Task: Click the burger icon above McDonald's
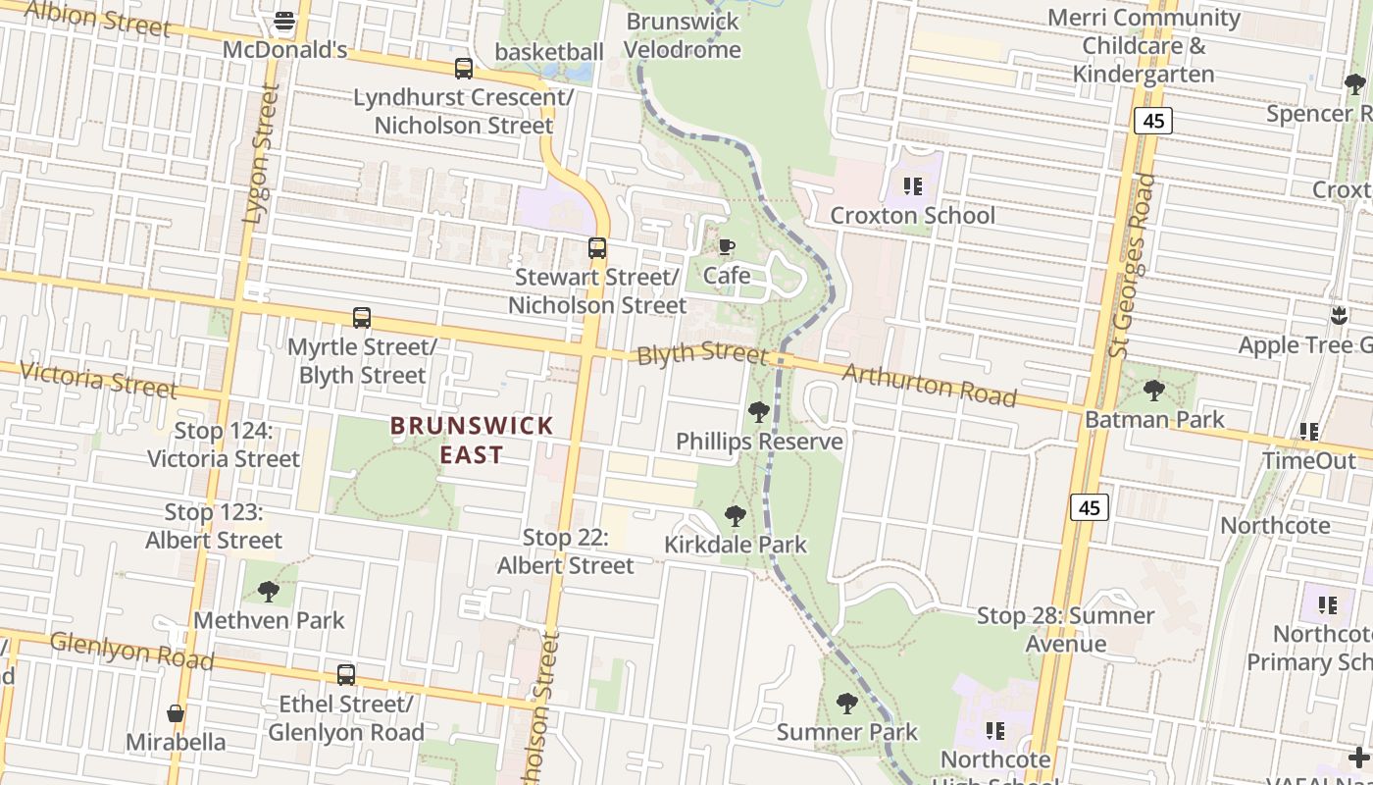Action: coord(284,20)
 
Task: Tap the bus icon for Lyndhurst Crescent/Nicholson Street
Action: coord(463,69)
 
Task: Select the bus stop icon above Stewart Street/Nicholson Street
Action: coord(597,248)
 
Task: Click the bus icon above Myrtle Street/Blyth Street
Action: coord(362,318)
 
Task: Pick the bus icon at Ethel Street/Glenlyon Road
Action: coord(346,675)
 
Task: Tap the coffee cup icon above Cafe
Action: coord(727,246)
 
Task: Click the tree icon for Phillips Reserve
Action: coord(758,411)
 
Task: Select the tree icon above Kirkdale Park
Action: coord(735,515)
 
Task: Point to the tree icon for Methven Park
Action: coord(269,591)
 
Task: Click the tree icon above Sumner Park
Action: coord(847,703)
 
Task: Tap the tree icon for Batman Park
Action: coord(1154,390)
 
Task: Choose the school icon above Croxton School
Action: coord(913,185)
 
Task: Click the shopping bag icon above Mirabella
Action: coord(177,712)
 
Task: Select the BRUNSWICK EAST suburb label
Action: coord(472,440)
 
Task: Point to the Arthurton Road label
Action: coord(929,385)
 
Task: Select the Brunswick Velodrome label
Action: coord(682,35)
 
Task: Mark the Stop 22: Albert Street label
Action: coord(566,551)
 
